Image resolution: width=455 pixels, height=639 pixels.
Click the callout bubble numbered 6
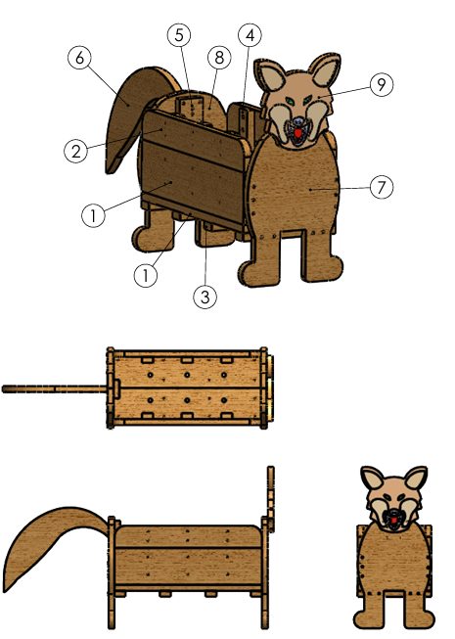pos(79,58)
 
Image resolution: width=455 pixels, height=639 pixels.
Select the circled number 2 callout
pos(75,152)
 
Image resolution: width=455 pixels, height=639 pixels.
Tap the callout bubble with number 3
pos(205,297)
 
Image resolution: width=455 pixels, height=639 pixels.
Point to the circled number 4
pos(250,35)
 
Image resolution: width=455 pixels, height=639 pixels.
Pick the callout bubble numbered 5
pos(179,35)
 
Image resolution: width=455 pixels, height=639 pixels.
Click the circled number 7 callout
pos(382,188)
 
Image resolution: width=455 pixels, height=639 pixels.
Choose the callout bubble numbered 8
pos(219,58)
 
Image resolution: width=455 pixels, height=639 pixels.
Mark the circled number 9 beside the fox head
pos(382,84)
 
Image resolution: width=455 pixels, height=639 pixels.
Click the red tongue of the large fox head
pos(298,133)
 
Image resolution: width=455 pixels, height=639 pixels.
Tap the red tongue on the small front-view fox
pos(394,521)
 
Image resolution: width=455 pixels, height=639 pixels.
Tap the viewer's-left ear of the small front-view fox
pos(373,479)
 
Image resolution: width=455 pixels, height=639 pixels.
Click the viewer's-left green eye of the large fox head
pos(290,101)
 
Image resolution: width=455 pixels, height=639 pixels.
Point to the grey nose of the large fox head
pos(299,121)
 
